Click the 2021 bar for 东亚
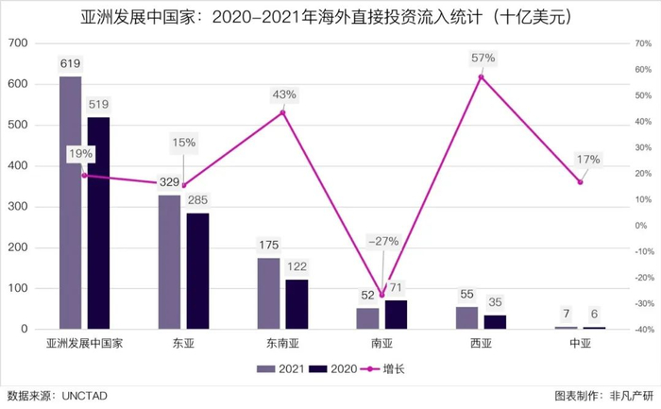(169, 262)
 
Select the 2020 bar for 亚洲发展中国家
(98, 223)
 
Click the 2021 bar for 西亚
(466, 317)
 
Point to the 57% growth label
(483, 59)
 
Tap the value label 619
(70, 63)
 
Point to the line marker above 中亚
(580, 181)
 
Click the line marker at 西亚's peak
(481, 77)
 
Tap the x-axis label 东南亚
(282, 344)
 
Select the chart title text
(330, 17)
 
